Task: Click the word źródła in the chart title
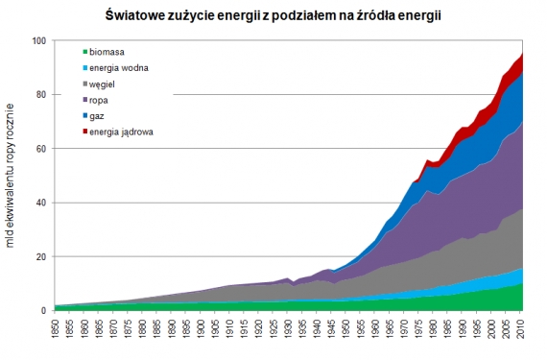point(359,16)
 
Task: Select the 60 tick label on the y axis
point(40,149)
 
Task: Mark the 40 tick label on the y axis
point(40,203)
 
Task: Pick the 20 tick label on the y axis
point(40,257)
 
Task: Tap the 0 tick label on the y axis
point(43,311)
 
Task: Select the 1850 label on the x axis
point(58,329)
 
